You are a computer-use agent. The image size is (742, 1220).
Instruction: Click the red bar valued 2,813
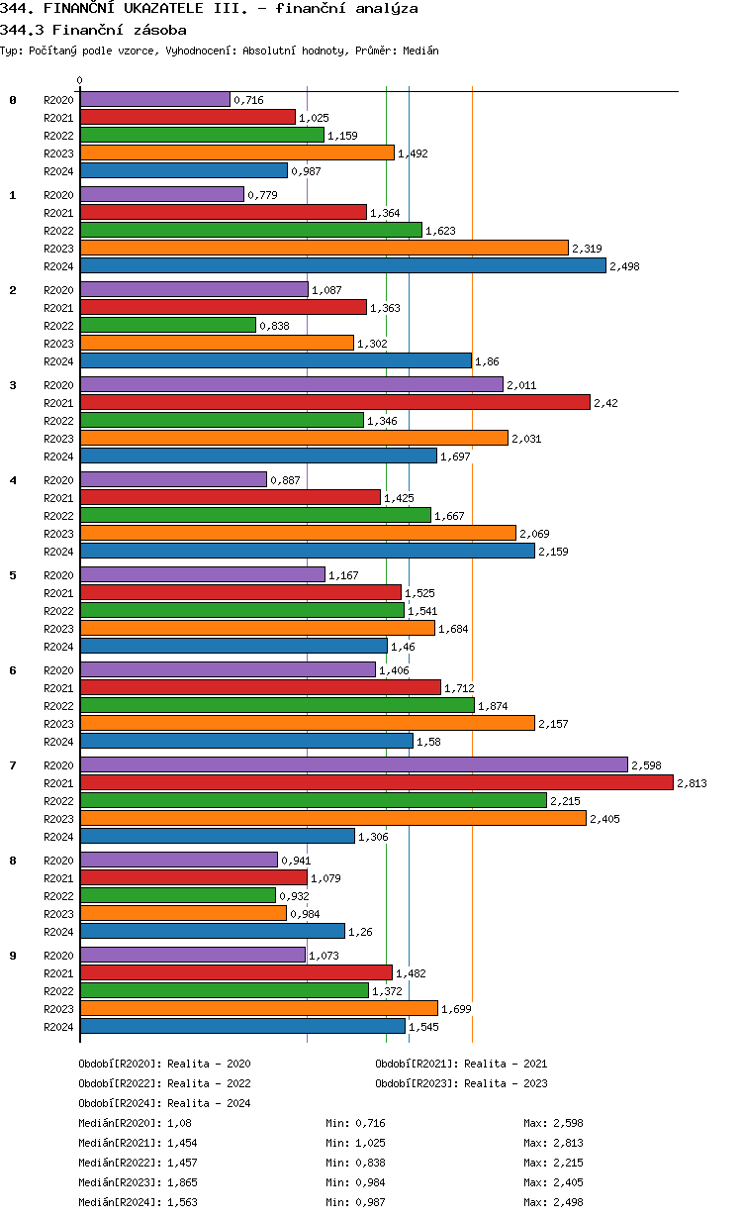coord(376,782)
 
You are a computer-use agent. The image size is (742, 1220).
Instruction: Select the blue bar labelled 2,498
coord(342,265)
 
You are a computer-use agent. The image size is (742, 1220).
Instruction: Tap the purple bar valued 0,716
coord(154,99)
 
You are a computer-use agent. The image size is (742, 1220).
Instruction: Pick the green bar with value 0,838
coord(167,325)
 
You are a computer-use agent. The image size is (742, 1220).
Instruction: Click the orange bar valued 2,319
coord(324,248)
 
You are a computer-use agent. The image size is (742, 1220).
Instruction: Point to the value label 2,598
coord(646,765)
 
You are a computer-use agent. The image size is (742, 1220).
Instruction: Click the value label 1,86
coord(487,361)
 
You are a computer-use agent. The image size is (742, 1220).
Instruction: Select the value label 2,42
coord(605,403)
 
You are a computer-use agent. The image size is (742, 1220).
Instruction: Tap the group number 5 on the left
coord(13,575)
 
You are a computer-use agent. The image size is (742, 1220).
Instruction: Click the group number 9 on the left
coord(13,956)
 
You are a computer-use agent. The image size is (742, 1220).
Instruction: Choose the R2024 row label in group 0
coord(58,171)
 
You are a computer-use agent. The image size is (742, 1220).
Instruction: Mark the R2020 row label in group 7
coord(58,765)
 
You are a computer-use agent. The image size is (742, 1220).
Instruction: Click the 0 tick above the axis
coord(80,80)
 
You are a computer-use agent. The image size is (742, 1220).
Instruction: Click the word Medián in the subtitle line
coord(420,50)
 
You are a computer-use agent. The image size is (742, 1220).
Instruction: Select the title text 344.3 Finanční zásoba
coord(93,30)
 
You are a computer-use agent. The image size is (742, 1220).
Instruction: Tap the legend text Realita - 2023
coord(506,1083)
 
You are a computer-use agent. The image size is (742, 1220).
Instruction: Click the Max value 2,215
coord(569,1163)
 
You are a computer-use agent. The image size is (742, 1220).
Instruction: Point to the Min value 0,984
coord(371,1182)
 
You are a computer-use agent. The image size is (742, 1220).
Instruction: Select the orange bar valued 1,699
coord(258,1008)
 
